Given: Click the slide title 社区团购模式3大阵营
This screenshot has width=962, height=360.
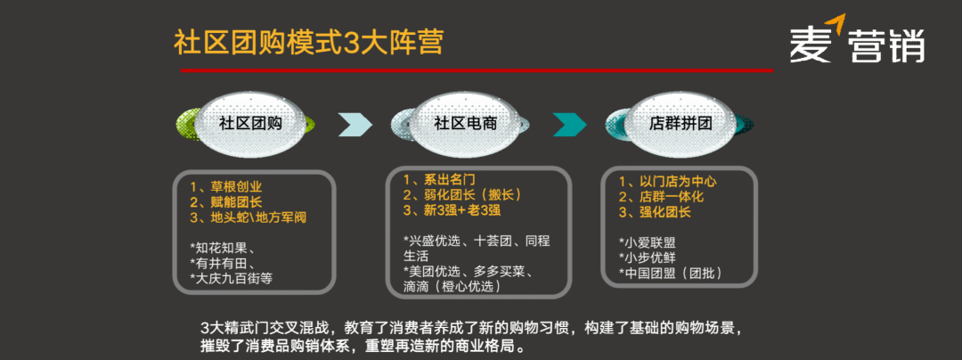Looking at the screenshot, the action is point(308,43).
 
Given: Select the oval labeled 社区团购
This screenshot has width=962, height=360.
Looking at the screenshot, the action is point(250,124).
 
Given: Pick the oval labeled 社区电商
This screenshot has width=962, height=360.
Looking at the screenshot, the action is point(464,124).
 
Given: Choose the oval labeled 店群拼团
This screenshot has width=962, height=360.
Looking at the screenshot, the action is point(680,124).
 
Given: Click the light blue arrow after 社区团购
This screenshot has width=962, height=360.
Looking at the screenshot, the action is point(355,125).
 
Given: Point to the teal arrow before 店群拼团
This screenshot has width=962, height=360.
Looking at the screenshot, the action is point(570,125).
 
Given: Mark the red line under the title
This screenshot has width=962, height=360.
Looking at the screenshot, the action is point(477,70).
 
